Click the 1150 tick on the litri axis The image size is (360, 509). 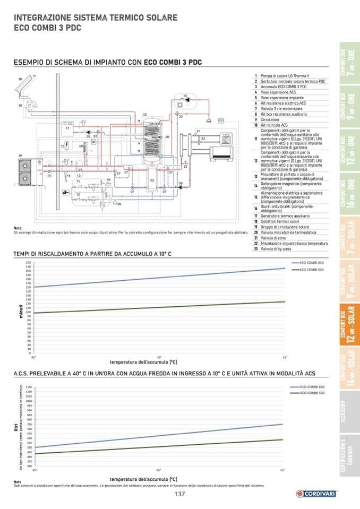pyautogui.click(x=29, y=387)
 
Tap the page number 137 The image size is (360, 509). pyautogui.click(x=180, y=495)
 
